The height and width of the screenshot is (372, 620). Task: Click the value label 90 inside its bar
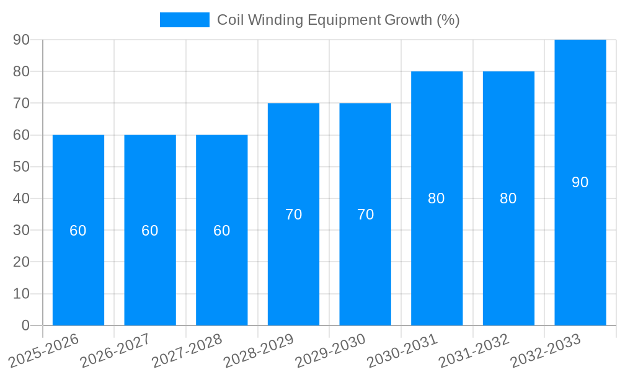(x=580, y=182)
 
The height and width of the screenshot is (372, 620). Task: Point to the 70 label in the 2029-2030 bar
(x=365, y=215)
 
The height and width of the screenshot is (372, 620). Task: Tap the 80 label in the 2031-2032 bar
(x=508, y=198)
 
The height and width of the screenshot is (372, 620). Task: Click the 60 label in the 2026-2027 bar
(x=149, y=231)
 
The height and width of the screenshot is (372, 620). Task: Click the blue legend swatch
(x=184, y=20)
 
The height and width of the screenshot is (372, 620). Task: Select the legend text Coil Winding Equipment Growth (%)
(x=338, y=20)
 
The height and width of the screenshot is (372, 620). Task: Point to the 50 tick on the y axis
(x=21, y=167)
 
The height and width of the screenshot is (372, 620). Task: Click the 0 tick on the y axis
(x=25, y=325)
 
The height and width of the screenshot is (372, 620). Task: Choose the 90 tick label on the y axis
(x=21, y=40)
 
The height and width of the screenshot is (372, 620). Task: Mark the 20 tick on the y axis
(x=21, y=262)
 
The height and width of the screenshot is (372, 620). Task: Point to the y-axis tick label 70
(x=21, y=103)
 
